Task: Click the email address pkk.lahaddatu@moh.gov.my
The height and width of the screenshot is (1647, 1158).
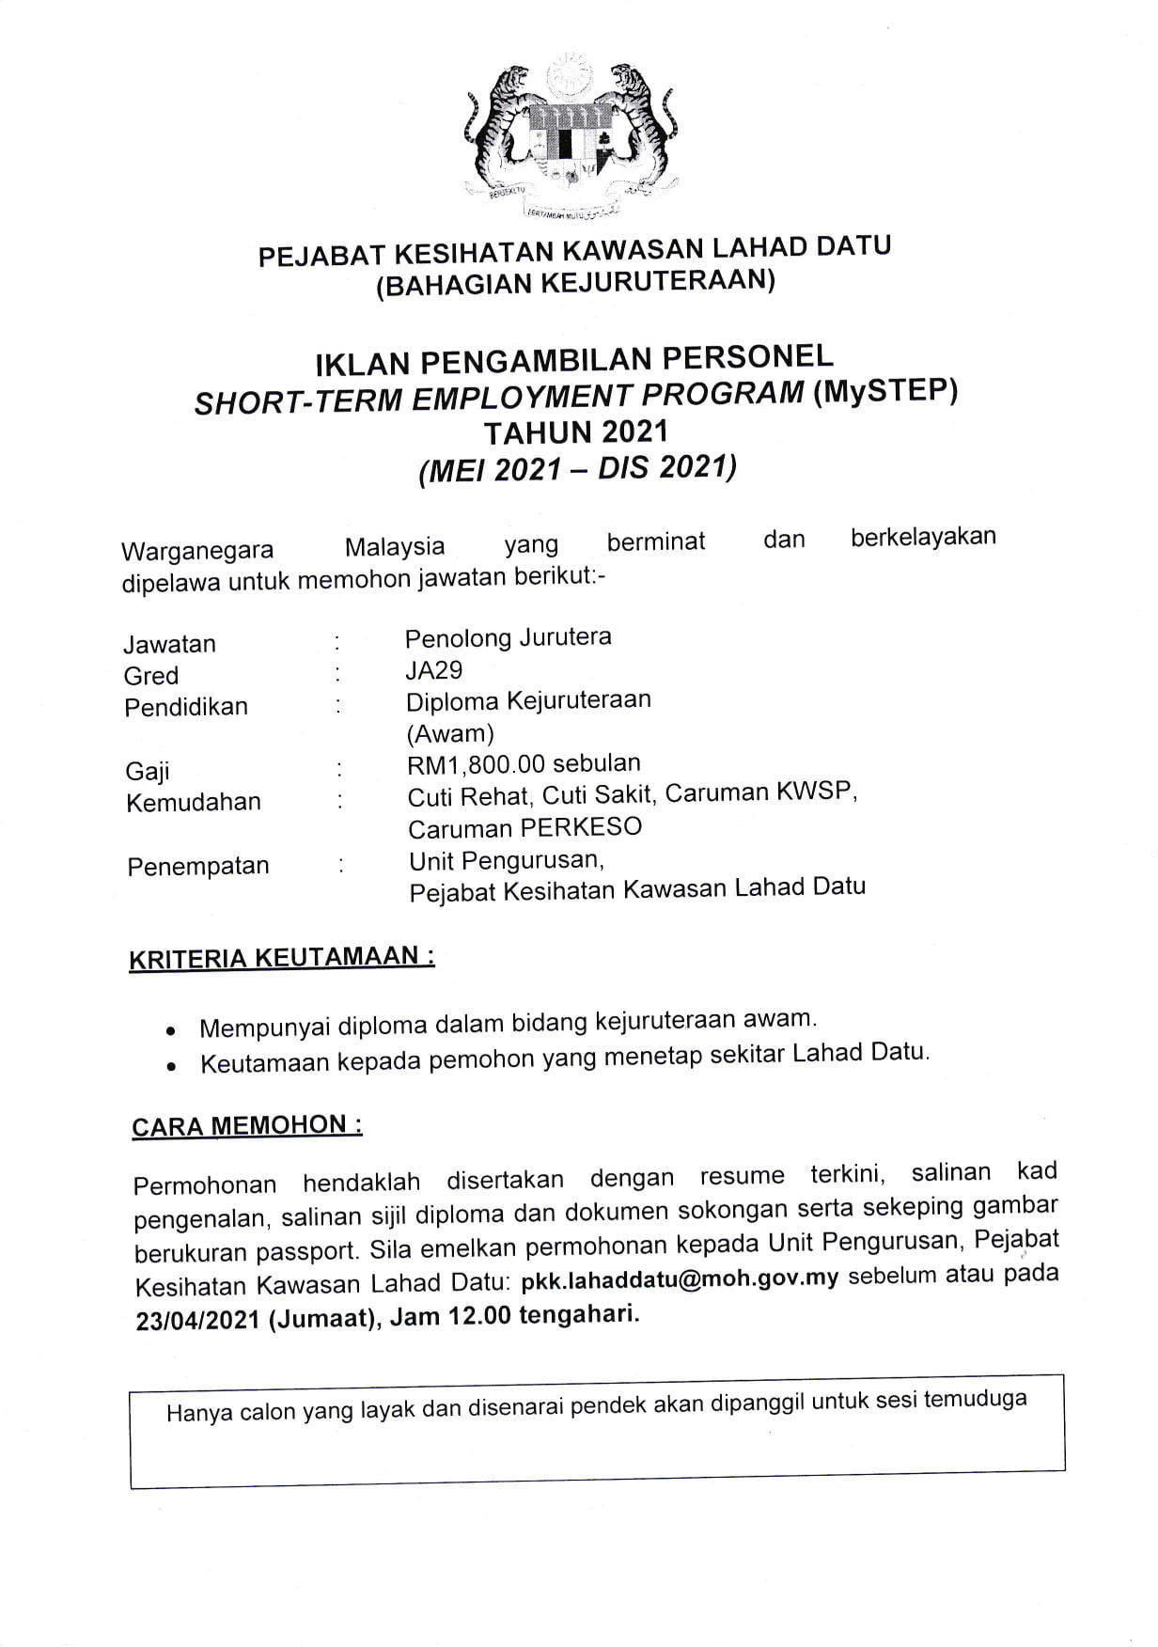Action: click(x=679, y=1279)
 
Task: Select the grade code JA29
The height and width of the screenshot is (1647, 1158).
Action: click(x=433, y=670)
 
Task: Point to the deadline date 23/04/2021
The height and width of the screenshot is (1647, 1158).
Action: click(x=197, y=1320)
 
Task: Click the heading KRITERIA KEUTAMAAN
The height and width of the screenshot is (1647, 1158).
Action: click(x=281, y=958)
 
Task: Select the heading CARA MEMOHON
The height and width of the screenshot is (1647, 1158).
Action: click(x=246, y=1125)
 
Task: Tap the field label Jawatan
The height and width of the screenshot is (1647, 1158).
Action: click(x=169, y=644)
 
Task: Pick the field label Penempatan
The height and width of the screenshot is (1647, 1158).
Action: click(x=197, y=866)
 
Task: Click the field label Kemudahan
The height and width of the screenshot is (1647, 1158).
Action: click(x=193, y=803)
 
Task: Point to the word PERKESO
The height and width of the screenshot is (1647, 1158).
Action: click(x=581, y=827)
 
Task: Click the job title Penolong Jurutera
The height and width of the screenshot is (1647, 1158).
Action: click(x=508, y=637)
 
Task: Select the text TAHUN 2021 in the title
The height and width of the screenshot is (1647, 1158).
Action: click(x=575, y=432)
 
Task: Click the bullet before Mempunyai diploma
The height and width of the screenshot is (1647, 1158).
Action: click(x=170, y=1030)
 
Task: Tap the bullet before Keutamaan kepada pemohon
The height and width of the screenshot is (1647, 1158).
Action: click(x=171, y=1067)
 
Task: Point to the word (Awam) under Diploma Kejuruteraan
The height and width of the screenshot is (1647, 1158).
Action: click(x=449, y=733)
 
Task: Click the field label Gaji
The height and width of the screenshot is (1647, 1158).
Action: click(x=148, y=772)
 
